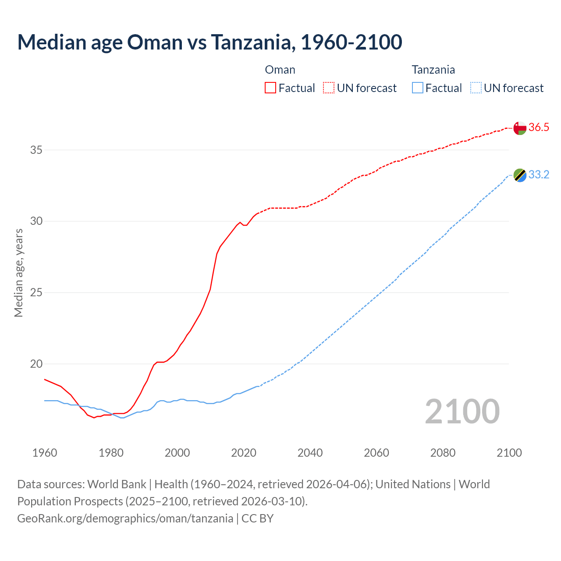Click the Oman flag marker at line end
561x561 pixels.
[520, 128]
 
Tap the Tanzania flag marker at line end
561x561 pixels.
[520, 175]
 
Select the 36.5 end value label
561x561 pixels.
[539, 128]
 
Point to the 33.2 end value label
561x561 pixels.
[539, 175]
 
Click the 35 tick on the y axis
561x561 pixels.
[36, 150]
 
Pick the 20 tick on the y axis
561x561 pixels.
[36, 364]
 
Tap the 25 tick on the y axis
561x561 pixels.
[36, 292]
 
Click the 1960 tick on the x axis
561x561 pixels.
[45, 453]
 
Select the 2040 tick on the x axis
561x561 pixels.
[310, 453]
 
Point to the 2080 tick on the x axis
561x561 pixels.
[443, 453]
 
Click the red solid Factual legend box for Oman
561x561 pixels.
[270, 88]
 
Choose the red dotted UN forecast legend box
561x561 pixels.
[329, 88]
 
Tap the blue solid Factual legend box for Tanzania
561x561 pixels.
[418, 88]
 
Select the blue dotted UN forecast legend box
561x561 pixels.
[476, 88]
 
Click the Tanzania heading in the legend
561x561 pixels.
[433, 70]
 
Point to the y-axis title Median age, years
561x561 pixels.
[18, 273]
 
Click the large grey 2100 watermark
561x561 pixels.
[462, 412]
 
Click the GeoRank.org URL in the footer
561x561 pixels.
[125, 518]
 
